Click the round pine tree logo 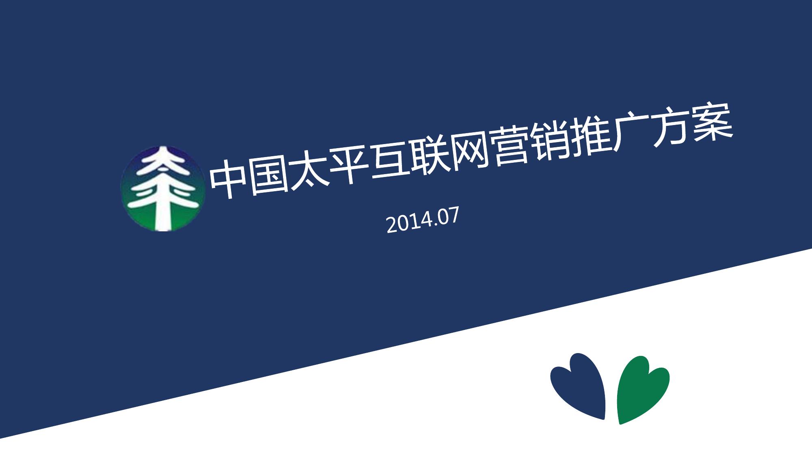tap(163, 189)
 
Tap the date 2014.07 tap(422, 220)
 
